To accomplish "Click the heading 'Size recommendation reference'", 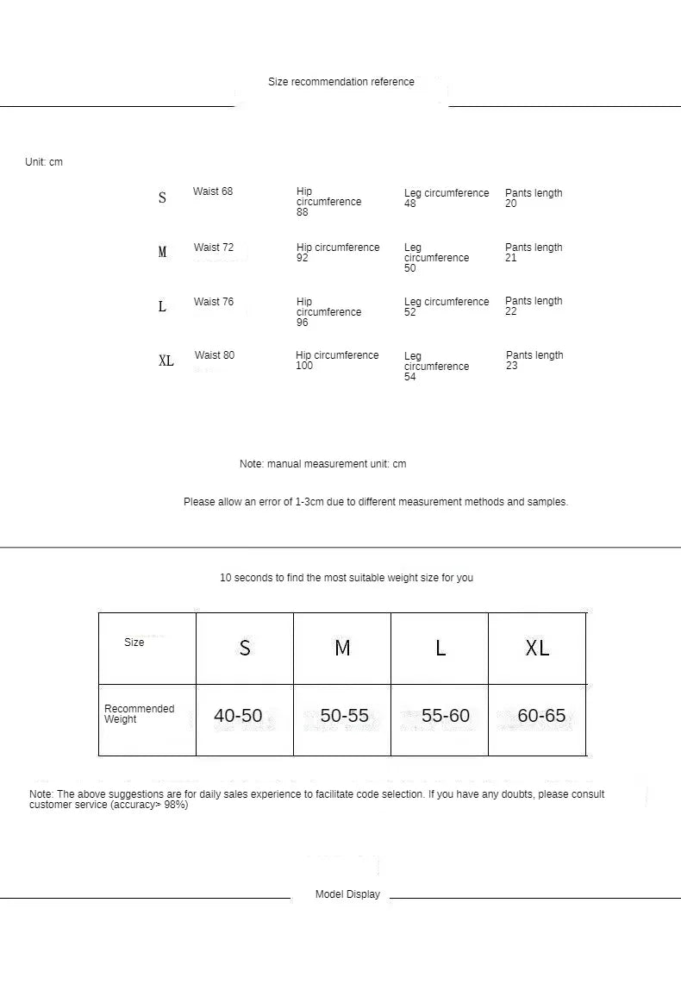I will pos(340,82).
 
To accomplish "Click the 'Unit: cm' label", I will pos(44,162).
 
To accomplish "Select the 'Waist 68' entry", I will pos(213,191).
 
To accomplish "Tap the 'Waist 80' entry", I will pos(215,355).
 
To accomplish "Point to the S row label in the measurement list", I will pos(162,198).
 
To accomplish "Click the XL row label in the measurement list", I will pos(166,361).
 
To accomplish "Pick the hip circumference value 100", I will pos(304,366).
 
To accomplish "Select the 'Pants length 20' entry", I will pos(533,198).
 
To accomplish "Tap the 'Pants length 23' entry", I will pos(534,361).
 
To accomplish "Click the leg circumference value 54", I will pos(410,377).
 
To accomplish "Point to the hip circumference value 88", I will pos(303,212).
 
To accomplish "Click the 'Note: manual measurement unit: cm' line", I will pos(322,464).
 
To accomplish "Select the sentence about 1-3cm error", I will pos(376,502).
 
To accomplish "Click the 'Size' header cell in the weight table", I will pos(134,643).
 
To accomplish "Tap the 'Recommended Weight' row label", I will pos(139,714).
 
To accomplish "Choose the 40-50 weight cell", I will pos(238,716).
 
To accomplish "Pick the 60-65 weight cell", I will pos(541,716).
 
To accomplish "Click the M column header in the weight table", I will pos(342,648).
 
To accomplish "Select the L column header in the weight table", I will pos(440,648).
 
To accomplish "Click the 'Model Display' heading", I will pos(347,894).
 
